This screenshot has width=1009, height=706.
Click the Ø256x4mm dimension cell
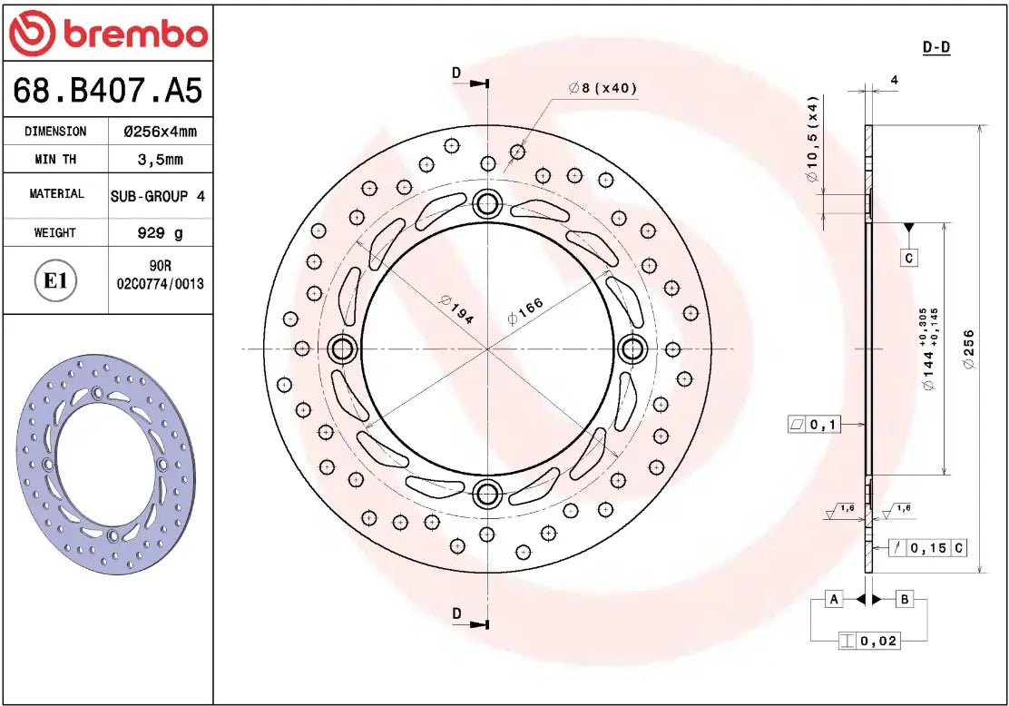[x=160, y=132]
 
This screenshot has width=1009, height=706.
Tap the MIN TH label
[x=55, y=160]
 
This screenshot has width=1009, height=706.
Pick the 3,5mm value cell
[x=160, y=160]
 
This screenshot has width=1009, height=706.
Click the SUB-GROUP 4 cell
[x=158, y=196]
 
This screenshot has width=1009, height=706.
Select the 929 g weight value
[x=160, y=233]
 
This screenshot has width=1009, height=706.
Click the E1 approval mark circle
[x=55, y=280]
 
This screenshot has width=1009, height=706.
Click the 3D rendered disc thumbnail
[x=105, y=466]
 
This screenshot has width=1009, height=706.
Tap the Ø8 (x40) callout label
[x=602, y=88]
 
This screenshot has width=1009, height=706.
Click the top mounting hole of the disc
[x=488, y=203]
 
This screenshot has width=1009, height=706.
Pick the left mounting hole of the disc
[x=343, y=348]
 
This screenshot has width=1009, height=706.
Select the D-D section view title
[x=936, y=47]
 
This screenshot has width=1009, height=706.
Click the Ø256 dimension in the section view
[x=969, y=348]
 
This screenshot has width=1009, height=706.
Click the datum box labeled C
[x=909, y=259]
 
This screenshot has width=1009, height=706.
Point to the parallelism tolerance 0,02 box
[x=869, y=641]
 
